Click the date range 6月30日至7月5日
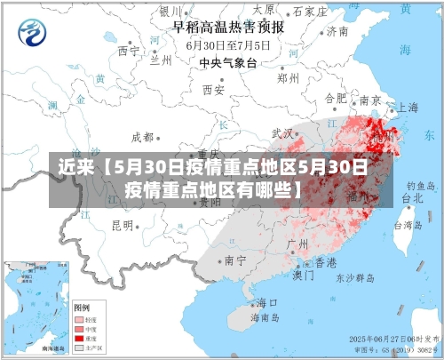tap(228, 44)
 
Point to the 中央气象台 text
tap(227, 62)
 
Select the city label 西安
tap(213, 89)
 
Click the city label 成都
tap(142, 137)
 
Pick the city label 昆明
tap(123, 225)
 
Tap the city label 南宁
tap(234, 260)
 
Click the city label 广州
tap(297, 243)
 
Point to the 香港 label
tap(326, 263)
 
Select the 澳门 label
tap(304, 276)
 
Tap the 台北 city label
tap(412, 199)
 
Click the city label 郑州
tap(288, 77)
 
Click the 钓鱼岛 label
tap(418, 186)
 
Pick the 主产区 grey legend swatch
tap(79, 348)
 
